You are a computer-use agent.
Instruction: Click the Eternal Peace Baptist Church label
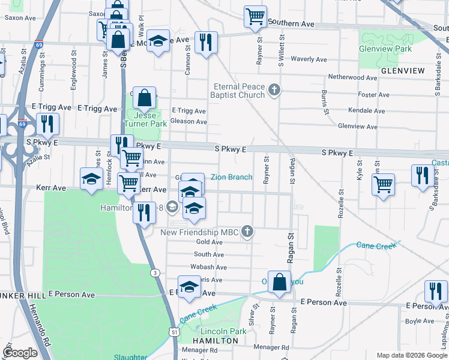(x=238, y=90)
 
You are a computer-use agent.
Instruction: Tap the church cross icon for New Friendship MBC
(x=247, y=232)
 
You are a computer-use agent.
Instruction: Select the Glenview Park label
(x=385, y=48)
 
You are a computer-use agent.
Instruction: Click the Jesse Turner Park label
(x=144, y=119)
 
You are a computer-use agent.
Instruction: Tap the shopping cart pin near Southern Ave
(x=255, y=16)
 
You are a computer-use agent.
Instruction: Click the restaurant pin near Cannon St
(x=206, y=42)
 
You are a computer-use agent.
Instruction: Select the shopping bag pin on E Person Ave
(x=279, y=282)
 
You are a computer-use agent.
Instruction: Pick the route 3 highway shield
(x=155, y=273)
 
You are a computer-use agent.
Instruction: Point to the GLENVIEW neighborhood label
(x=402, y=71)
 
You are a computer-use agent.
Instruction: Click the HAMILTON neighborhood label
(x=215, y=340)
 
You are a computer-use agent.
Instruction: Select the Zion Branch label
(x=231, y=177)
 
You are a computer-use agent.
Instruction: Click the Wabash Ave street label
(x=207, y=266)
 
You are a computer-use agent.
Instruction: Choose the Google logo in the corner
(x=20, y=353)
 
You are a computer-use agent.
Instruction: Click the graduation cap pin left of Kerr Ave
(x=91, y=179)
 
